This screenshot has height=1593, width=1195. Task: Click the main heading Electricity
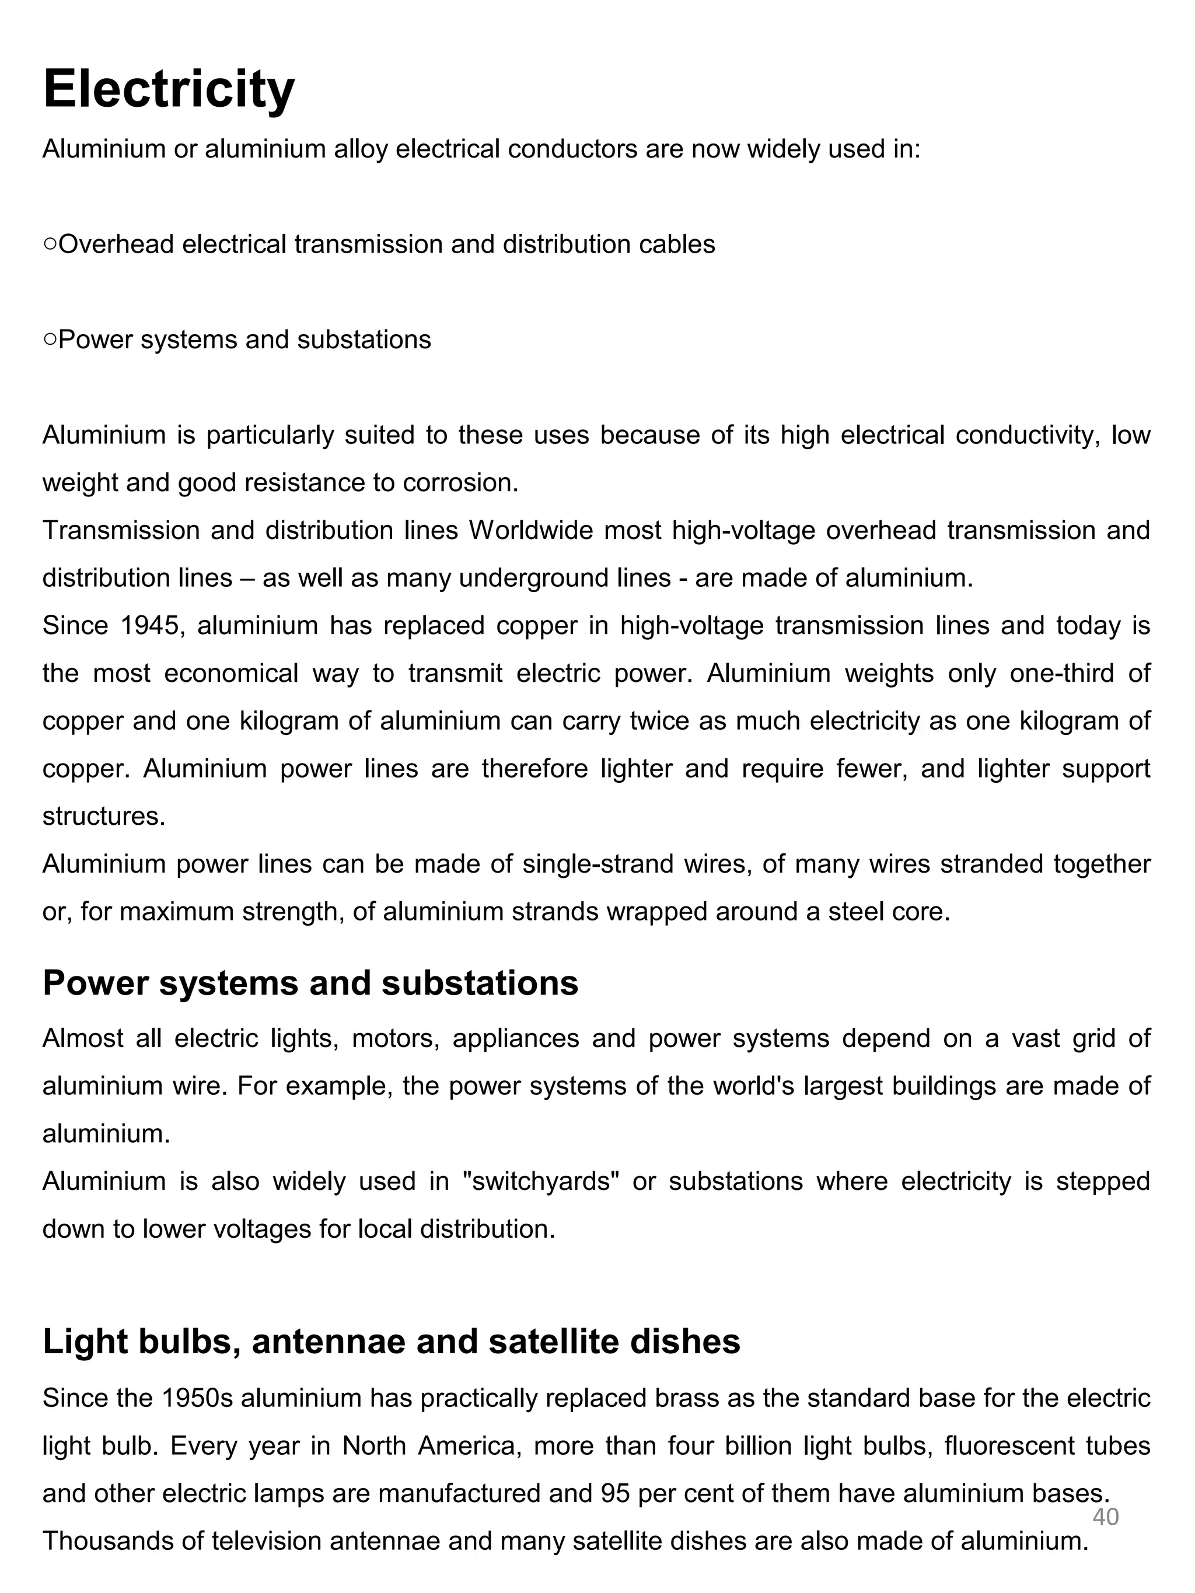click(169, 89)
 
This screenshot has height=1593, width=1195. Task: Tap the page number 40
click(1105, 1516)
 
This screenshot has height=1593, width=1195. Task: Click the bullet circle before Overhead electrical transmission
click(50, 245)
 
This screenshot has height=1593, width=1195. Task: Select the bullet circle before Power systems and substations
click(50, 340)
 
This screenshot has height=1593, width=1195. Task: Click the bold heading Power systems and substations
click(310, 983)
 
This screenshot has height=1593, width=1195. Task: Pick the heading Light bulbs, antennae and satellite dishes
click(391, 1341)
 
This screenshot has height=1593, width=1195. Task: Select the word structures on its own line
click(104, 816)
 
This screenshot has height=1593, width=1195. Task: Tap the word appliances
click(516, 1038)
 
